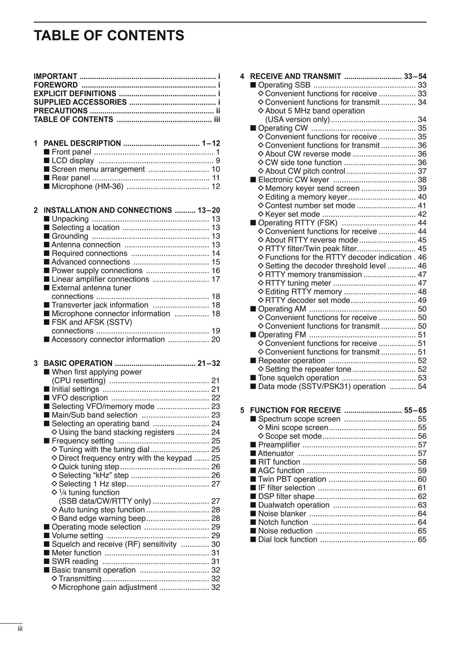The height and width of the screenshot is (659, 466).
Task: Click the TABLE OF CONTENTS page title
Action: coord(109,35)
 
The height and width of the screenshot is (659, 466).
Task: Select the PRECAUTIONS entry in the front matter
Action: coord(61,111)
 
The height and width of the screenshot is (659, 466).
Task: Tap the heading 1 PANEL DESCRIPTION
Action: coord(82,143)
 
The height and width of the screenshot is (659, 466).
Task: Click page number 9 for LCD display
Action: coord(218,161)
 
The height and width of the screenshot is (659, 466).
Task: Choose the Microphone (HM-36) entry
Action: coord(87,186)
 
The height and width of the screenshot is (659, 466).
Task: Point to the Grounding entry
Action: coord(70,236)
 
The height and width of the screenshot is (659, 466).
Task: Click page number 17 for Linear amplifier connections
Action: coord(216,279)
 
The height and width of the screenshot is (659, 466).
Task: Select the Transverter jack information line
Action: coord(100,305)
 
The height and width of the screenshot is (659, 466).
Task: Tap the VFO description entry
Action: coord(80,398)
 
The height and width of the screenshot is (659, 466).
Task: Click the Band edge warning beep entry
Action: coord(102,518)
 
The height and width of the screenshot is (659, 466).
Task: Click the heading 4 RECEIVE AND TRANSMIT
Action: coord(295,76)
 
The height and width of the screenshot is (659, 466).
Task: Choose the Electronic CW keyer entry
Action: coord(293,180)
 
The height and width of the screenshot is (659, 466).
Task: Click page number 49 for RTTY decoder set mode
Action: coord(422,300)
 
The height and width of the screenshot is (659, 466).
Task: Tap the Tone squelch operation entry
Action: coord(298,378)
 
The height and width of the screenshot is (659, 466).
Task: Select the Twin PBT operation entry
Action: coord(292,479)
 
